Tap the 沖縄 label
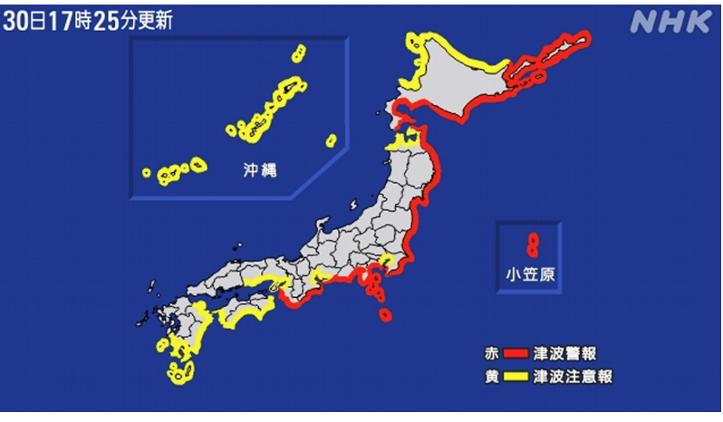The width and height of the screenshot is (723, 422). pyautogui.click(x=238, y=168)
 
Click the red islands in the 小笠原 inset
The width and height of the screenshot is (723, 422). pyautogui.click(x=533, y=244)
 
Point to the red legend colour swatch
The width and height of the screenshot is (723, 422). pyautogui.click(x=516, y=352)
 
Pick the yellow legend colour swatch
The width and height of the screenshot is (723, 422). pyautogui.click(x=516, y=375)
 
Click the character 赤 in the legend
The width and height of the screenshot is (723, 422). pyautogui.click(x=491, y=352)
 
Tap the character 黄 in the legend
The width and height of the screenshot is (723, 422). pyautogui.click(x=491, y=375)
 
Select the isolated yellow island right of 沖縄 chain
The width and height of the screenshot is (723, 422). pyautogui.click(x=331, y=140)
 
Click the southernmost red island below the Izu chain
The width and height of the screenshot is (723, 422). pyautogui.click(x=386, y=316)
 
